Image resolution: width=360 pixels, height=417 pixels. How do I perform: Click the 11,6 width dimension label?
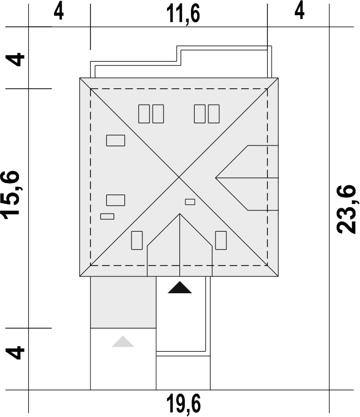click(x=183, y=14)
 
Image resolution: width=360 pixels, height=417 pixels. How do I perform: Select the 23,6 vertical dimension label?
click(x=346, y=209)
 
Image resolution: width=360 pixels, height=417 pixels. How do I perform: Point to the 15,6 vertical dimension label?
click(x=11, y=195)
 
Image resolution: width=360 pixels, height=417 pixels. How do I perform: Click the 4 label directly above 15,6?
click(x=15, y=59)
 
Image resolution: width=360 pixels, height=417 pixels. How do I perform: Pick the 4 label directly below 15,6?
click(x=15, y=352)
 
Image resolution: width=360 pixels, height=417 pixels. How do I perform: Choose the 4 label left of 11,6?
click(x=59, y=11)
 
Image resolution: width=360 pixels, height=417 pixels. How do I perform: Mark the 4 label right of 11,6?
click(x=299, y=11)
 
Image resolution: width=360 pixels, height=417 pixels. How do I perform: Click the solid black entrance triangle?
click(x=180, y=287)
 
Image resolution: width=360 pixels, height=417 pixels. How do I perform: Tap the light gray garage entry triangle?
click(x=123, y=341)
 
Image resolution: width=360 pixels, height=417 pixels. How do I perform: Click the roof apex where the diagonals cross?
click(x=179, y=177)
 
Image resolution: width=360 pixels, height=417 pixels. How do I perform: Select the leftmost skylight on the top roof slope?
click(x=144, y=114)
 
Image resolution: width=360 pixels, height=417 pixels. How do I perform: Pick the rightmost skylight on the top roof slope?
click(x=214, y=114)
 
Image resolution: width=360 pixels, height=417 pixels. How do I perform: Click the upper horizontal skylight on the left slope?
click(x=116, y=141)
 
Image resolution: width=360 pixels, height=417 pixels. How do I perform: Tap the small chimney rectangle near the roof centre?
click(x=190, y=202)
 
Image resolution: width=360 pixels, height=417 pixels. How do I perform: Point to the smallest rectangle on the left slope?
click(x=107, y=216)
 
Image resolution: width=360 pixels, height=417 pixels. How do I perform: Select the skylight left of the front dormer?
click(x=137, y=240)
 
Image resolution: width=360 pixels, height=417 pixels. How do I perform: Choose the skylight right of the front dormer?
click(x=221, y=240)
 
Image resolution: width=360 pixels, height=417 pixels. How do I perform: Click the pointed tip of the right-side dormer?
click(x=215, y=178)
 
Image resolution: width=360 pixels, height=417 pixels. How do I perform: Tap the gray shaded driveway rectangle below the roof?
click(x=123, y=303)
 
